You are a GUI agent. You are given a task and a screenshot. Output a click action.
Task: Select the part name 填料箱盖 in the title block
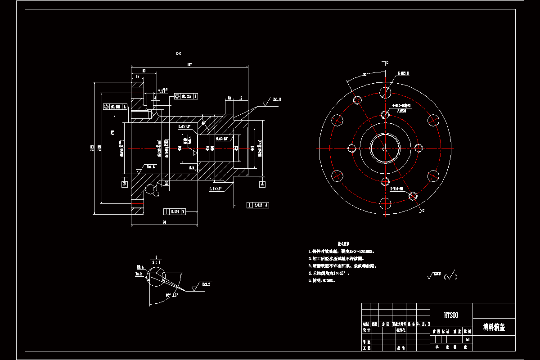pyautogui.click(x=494, y=327)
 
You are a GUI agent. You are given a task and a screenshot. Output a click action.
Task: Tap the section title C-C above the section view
pyautogui.click(x=179, y=54)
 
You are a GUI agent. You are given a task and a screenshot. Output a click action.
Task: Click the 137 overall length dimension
pyautogui.click(x=189, y=65)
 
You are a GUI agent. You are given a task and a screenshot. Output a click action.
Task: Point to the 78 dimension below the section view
pyautogui.click(x=164, y=222)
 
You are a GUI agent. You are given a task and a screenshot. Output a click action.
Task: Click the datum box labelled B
pyautogui.click(x=124, y=184)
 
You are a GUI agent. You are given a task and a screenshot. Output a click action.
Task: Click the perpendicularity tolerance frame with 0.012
pyautogui.click(x=175, y=211)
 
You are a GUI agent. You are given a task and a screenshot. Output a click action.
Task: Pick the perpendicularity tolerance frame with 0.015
pyautogui.click(x=259, y=205)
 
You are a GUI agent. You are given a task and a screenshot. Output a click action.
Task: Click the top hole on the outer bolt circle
pyautogui.click(x=385, y=93)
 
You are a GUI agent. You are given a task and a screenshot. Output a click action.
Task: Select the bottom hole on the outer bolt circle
pyautogui.click(x=385, y=203)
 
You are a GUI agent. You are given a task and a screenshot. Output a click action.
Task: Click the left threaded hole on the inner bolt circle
pyautogui.click(x=352, y=148)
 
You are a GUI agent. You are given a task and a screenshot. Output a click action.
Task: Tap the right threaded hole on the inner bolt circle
pyautogui.click(x=420, y=148)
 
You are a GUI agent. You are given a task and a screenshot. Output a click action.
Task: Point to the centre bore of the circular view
pyautogui.click(x=385, y=148)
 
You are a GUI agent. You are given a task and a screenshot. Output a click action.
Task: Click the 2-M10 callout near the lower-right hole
pyautogui.click(x=396, y=189)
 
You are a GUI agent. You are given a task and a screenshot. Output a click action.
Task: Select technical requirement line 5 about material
pyautogui.click(x=322, y=280)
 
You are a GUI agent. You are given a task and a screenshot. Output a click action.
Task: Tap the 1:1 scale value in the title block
pyautogui.click(x=468, y=339)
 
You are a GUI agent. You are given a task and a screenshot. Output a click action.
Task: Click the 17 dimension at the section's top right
pyautogui.click(x=241, y=97)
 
